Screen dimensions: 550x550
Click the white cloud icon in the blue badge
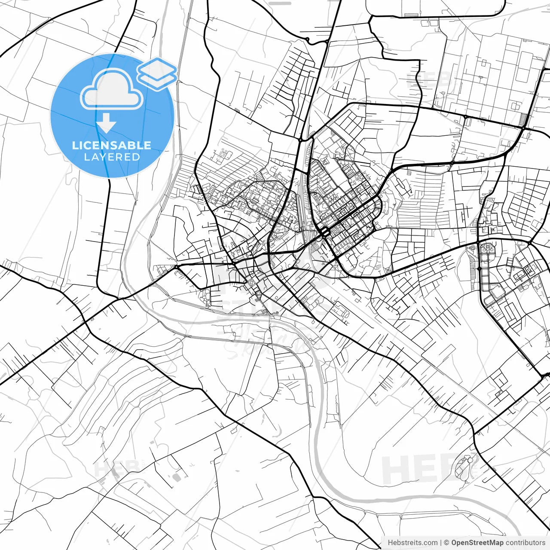tap(112, 89)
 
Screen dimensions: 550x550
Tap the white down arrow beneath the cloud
tap(106, 124)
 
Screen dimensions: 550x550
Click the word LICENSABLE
tap(112, 145)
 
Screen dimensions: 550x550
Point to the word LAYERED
tap(112, 157)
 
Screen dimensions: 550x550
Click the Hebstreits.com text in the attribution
tap(412, 543)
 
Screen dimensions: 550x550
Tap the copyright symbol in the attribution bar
tap(446, 543)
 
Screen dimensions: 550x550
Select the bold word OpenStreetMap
tap(477, 543)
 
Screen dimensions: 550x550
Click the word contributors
tap(525, 543)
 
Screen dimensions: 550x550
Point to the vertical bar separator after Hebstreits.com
tap(441, 543)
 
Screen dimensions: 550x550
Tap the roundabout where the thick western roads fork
tap(176, 267)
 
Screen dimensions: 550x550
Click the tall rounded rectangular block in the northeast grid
tap(522, 67)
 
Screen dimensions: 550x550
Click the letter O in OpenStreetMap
tap(455, 543)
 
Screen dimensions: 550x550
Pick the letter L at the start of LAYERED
tap(86, 157)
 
